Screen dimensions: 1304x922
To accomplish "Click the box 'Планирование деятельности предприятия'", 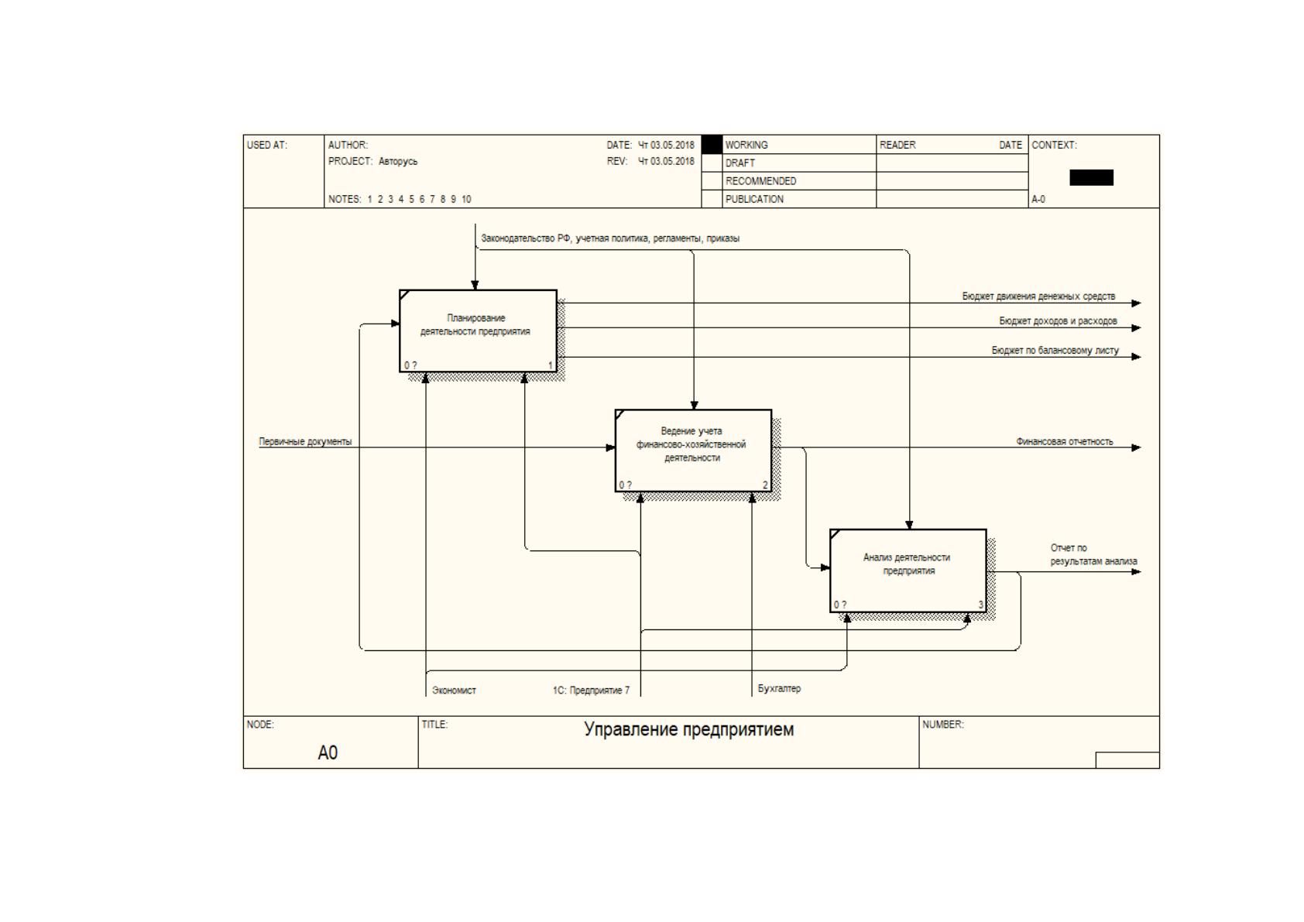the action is [478, 331].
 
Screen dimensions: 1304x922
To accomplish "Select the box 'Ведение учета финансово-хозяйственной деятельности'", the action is [693, 451].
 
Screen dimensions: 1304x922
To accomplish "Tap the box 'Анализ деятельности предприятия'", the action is [908, 571].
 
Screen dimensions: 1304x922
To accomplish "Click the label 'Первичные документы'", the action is [305, 442].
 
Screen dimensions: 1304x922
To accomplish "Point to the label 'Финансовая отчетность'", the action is [1064, 442].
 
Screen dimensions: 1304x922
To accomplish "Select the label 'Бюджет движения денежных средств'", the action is [1038, 296].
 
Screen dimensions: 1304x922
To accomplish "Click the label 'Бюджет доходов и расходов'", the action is [1058, 320].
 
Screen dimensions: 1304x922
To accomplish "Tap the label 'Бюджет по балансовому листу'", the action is [1055, 351].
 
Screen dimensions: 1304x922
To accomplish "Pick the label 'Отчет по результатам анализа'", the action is [1093, 555].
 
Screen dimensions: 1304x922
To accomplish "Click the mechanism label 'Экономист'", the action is [454, 691].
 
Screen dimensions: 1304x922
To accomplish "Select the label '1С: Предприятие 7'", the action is [591, 691].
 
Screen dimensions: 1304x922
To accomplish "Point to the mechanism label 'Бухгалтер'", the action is [779, 688].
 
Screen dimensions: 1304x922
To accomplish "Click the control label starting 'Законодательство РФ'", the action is [610, 238].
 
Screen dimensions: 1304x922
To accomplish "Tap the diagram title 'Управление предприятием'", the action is [688, 729].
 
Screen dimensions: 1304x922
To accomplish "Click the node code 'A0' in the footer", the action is [328, 752].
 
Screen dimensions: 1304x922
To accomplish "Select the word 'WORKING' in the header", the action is [746, 145].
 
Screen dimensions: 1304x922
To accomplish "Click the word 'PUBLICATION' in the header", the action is [754, 199].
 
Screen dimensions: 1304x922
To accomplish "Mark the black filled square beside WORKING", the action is [712, 144].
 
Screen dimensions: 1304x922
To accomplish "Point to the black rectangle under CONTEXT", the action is [1091, 177].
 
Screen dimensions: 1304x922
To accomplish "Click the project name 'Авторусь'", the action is [397, 161].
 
